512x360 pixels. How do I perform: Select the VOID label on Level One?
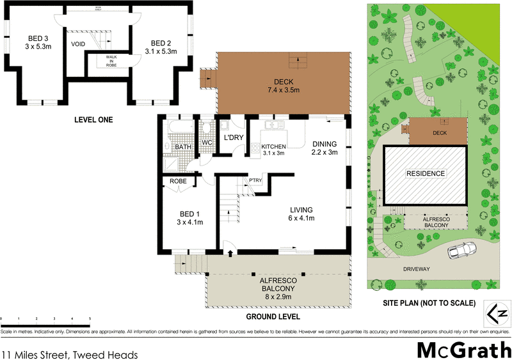pos(78,44)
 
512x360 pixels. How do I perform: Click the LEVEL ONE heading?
pos(93,120)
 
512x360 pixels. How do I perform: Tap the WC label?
pos(206,141)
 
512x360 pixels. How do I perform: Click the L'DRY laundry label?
pos(231,137)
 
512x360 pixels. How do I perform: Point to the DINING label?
pos(324,148)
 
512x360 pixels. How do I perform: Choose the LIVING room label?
pos(301,214)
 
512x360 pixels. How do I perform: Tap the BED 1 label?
pos(190,217)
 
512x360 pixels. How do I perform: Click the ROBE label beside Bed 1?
pos(178,181)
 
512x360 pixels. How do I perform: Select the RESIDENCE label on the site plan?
pos(425,173)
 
